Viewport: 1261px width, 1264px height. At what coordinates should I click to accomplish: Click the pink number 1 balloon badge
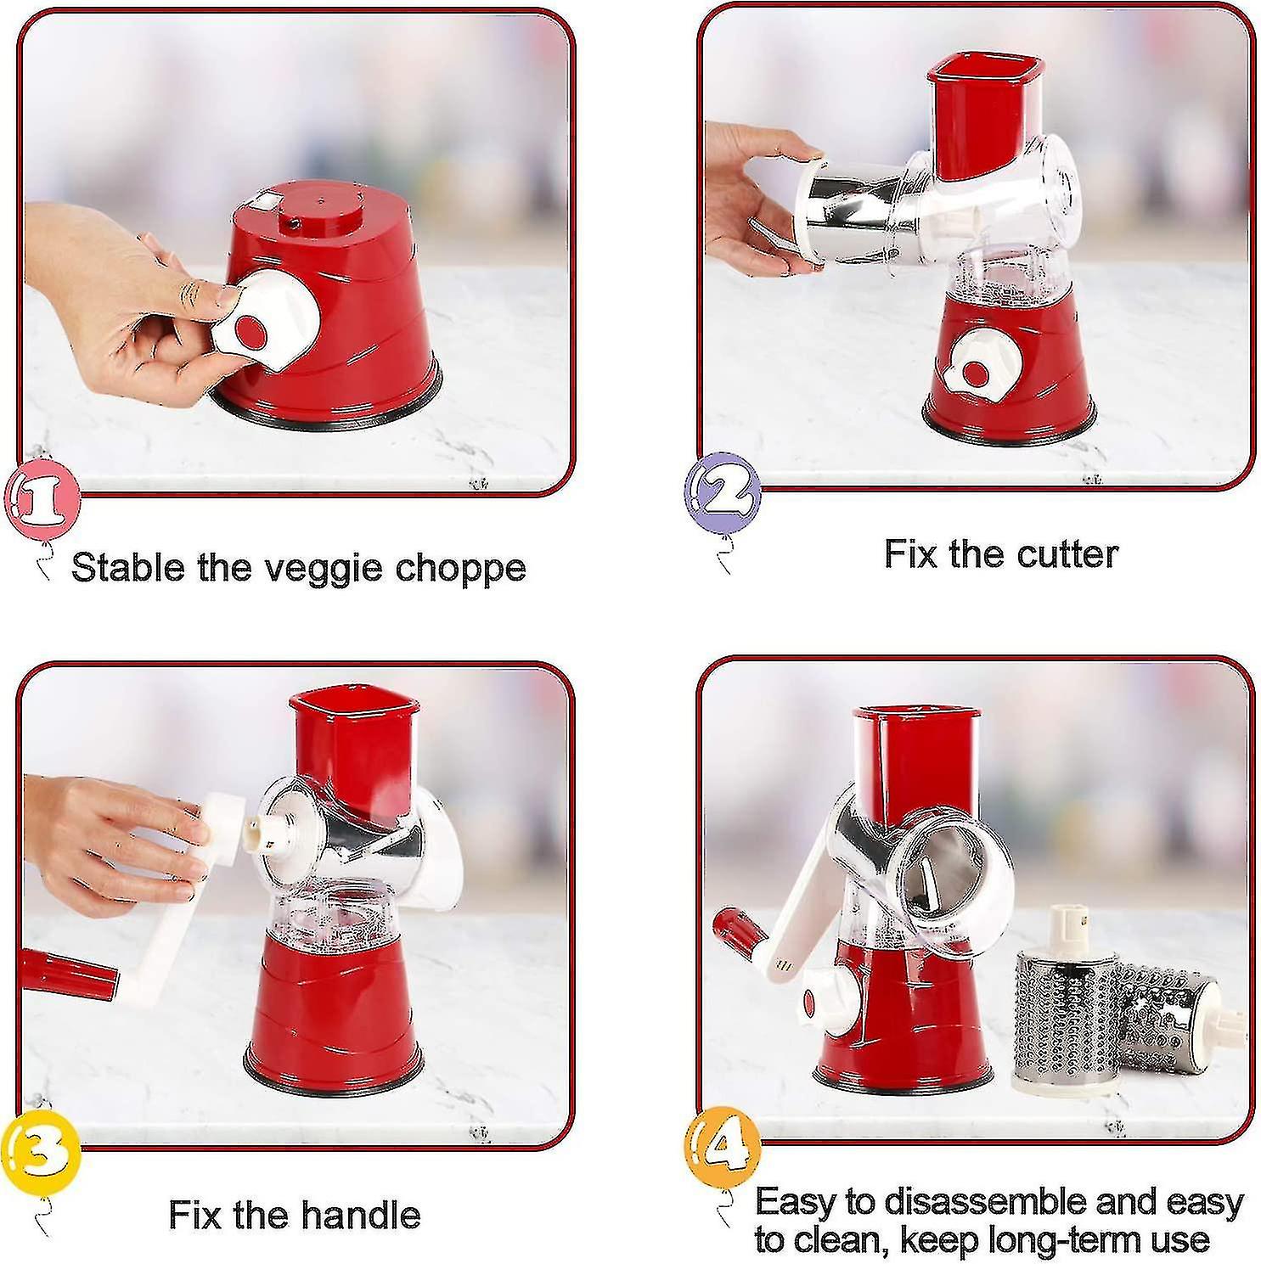42,503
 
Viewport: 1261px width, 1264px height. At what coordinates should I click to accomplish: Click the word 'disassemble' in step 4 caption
978,1202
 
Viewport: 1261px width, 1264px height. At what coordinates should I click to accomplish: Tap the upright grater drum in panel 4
1065,1014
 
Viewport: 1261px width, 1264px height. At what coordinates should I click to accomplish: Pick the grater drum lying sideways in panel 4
1170,1019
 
